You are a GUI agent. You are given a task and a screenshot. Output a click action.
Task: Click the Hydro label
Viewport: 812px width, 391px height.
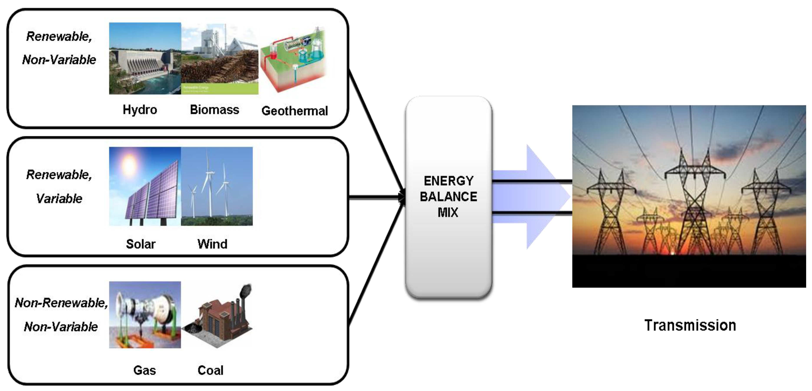(140, 110)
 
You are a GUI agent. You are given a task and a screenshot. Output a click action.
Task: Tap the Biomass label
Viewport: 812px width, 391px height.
(214, 110)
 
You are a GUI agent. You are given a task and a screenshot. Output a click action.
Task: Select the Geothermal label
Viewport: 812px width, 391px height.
(294, 111)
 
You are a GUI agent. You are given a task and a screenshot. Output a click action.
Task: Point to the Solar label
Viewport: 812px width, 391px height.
(141, 244)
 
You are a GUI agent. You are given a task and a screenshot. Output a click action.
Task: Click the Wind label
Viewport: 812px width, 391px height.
(212, 244)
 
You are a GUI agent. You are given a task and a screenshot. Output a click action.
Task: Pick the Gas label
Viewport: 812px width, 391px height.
(144, 370)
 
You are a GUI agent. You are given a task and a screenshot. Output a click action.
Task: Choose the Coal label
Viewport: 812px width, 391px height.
(210, 370)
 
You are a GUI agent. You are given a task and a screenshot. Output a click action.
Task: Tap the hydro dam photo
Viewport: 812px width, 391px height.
(145, 58)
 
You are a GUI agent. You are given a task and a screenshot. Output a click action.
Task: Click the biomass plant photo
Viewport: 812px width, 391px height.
(219, 58)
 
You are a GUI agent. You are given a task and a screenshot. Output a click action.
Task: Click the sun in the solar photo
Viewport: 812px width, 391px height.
(129, 164)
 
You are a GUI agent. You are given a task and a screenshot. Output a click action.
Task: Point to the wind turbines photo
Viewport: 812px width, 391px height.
(217, 186)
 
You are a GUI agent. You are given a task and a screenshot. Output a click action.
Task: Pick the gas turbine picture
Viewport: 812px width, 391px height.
(145, 315)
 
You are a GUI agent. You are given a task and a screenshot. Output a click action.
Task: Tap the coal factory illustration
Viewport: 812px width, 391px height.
(221, 318)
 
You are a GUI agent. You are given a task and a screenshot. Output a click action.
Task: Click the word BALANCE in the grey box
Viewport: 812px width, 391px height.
(448, 197)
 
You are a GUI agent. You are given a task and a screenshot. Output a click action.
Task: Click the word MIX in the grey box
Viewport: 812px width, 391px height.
(448, 213)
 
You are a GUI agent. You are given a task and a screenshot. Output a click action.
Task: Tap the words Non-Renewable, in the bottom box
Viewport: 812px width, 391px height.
(61, 303)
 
